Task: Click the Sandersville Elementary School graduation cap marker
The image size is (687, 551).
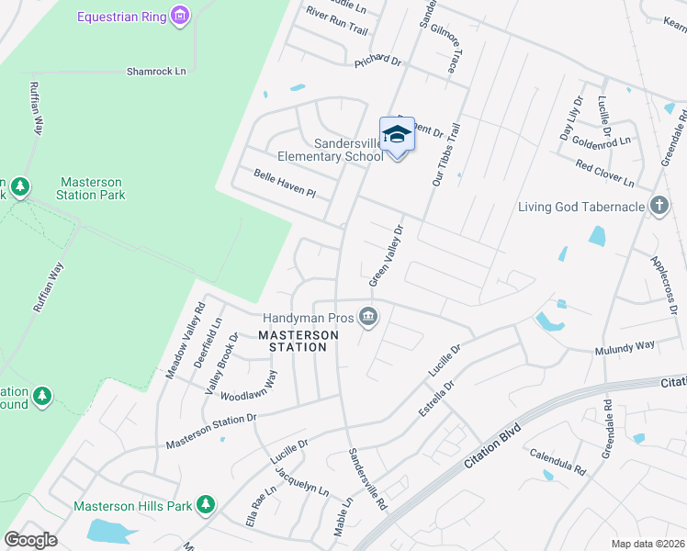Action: (x=397, y=135)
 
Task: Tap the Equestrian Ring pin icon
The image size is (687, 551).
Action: (x=180, y=16)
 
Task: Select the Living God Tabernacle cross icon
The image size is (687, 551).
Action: (x=659, y=206)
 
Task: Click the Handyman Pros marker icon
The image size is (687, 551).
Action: (x=369, y=316)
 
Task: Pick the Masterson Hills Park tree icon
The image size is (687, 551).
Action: (x=207, y=505)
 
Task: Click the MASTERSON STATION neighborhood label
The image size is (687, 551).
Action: (x=292, y=341)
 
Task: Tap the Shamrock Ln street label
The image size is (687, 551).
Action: (x=156, y=71)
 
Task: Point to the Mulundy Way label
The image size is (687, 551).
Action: (x=625, y=346)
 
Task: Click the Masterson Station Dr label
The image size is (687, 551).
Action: (x=211, y=432)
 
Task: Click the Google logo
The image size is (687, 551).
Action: (x=30, y=540)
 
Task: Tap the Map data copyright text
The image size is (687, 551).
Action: (x=648, y=544)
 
